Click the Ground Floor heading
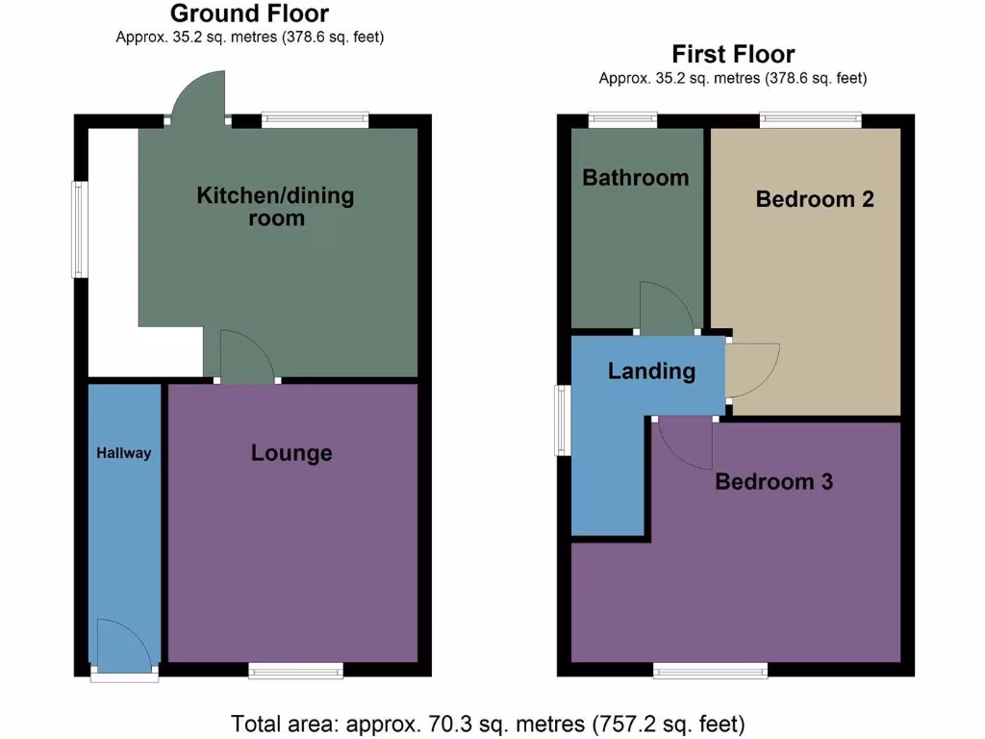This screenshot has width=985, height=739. pos(249,13)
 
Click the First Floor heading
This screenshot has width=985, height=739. pos(733,54)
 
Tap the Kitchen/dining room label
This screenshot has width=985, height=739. pos(275,207)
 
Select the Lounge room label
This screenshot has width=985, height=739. pos(291,453)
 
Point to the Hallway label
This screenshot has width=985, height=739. pos(123,453)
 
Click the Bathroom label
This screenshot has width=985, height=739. pos(635,178)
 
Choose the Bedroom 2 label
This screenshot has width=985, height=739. pos(815,199)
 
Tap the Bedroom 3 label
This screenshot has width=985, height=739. pos(773,482)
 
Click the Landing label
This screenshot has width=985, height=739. pos(651,371)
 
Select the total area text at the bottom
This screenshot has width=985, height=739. pos(488,723)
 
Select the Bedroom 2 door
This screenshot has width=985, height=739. pos(749,369)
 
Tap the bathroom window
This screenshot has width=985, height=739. pos(622,120)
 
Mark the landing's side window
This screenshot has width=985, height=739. pos(563,420)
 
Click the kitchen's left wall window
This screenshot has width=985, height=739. pos(81,230)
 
